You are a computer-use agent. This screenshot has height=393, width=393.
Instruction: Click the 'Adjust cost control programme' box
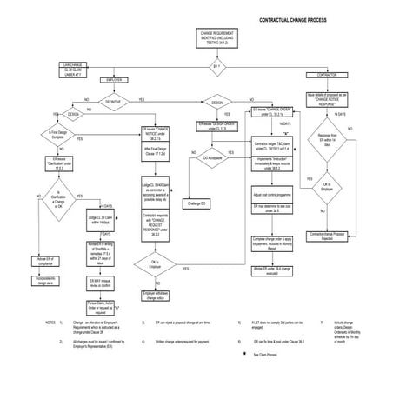point(272,196)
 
